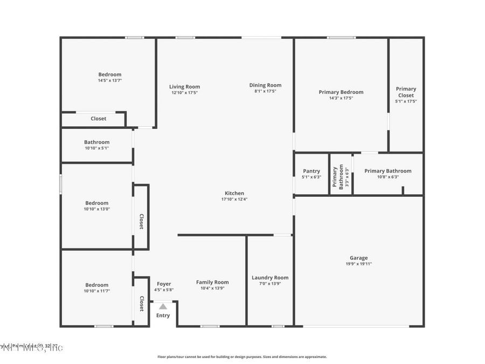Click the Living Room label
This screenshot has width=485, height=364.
tap(184, 87)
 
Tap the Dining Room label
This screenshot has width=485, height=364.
tap(265, 85)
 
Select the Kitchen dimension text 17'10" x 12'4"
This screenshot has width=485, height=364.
tap(234, 199)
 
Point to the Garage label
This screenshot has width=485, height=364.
tap(358, 258)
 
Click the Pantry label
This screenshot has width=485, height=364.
tap(311, 171)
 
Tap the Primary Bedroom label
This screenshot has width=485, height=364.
tap(341, 92)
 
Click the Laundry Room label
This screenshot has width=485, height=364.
tap(270, 278)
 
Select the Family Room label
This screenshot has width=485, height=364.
tap(212, 282)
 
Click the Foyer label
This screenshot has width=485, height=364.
tap(164, 284)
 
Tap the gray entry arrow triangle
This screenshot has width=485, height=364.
tap(163, 306)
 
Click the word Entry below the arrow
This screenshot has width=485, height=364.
tap(163, 315)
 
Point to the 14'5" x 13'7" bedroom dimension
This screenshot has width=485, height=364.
tap(110, 80)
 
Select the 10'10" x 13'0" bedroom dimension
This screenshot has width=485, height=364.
tap(96, 209)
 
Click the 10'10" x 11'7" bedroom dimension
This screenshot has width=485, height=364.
tap(96, 291)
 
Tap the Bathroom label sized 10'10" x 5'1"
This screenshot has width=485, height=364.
tap(96, 142)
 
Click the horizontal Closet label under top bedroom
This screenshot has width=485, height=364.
tap(99, 119)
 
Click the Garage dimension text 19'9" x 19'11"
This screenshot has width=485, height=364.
tap(358, 264)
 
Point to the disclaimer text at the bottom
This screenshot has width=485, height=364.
tap(242, 356)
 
